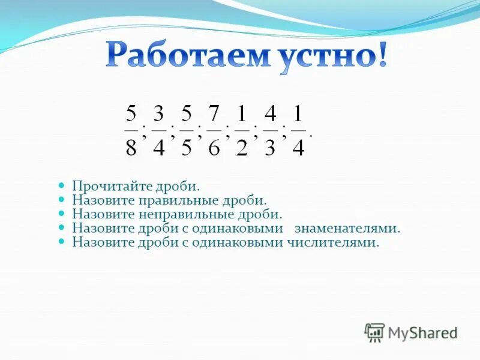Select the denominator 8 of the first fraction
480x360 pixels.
coord(131,147)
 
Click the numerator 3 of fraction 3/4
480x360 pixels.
coord(158,113)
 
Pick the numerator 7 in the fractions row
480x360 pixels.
coord(214,113)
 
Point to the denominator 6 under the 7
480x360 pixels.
coord(214,147)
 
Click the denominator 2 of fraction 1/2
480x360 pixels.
coord(242,147)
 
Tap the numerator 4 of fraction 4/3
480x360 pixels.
coord(270,113)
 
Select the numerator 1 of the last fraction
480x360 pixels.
coord(298,113)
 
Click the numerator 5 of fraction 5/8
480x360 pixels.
coord(131,113)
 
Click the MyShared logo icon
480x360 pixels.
coord(374,332)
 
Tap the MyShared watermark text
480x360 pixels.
coord(422,332)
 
